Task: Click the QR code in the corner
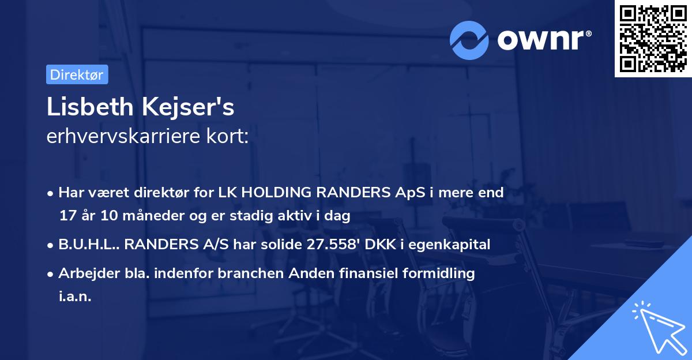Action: pos(653,39)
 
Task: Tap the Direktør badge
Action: pos(77,74)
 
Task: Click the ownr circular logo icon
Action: pos(469,40)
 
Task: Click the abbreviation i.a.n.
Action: pos(75,297)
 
